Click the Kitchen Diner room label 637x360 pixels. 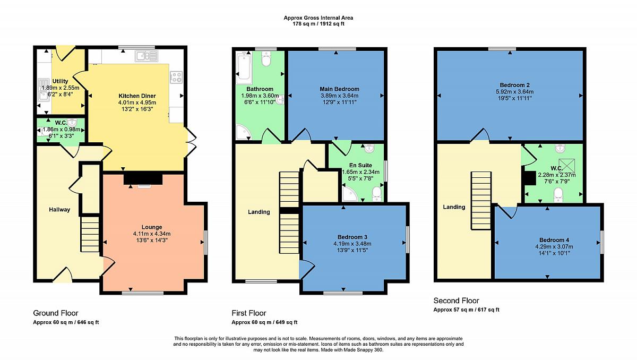137,96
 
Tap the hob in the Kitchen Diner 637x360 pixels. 176,77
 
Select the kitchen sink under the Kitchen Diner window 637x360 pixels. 147,56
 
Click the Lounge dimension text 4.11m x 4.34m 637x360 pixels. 152,234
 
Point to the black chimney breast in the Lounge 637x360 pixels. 143,179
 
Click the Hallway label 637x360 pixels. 59,210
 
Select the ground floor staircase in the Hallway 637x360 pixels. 90,234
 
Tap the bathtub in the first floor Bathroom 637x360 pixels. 244,67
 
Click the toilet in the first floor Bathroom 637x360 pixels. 266,59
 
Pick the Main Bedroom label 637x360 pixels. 339,89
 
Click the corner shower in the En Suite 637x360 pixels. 350,194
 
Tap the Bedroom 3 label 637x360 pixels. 352,237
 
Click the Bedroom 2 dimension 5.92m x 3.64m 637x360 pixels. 515,92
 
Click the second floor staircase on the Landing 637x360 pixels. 481,201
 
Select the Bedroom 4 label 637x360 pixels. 554,240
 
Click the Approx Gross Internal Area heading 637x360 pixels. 318,18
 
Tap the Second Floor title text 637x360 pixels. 456,301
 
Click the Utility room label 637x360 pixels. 60,81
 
